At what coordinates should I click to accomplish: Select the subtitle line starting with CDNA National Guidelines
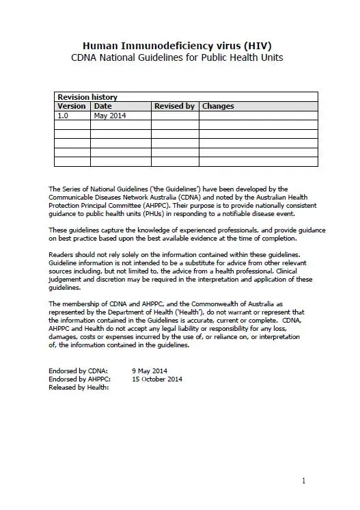(x=177, y=58)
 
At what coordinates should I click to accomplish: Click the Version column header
(x=72, y=106)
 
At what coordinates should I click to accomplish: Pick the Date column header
(x=103, y=106)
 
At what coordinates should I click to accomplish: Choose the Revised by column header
(x=174, y=106)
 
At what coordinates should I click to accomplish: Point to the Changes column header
(x=218, y=106)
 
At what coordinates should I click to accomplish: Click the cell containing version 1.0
(x=64, y=116)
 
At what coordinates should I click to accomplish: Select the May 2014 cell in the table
(x=110, y=116)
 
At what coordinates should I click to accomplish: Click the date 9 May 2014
(x=151, y=370)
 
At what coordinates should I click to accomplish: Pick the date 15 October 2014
(x=157, y=378)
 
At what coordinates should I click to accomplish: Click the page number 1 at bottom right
(x=303, y=481)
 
